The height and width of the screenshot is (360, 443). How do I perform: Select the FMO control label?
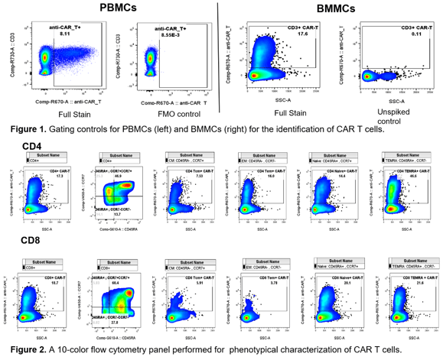tap(169, 114)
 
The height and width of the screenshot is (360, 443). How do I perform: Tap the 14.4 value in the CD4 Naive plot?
tap(341, 176)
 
